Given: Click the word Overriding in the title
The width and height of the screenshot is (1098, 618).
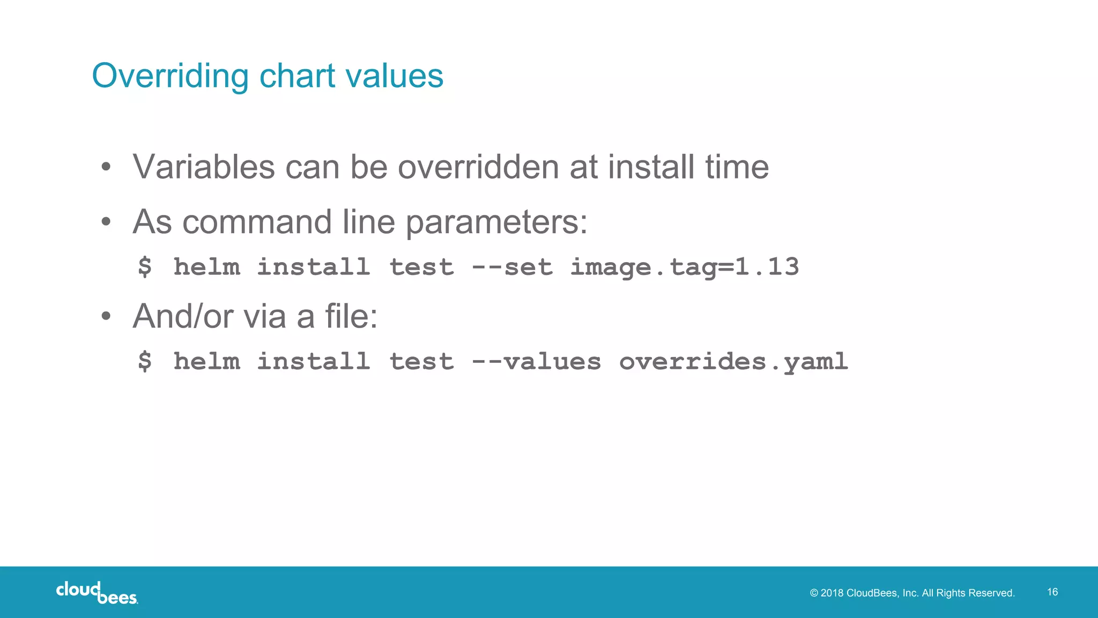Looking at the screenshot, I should pyautogui.click(x=170, y=76).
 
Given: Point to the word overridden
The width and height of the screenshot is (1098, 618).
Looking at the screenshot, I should pyautogui.click(x=478, y=167).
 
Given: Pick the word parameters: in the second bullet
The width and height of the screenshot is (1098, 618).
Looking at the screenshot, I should pyautogui.click(x=496, y=222).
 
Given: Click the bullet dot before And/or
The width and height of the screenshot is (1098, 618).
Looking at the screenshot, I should pyautogui.click(x=106, y=316).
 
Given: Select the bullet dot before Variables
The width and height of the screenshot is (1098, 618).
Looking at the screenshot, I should pyautogui.click(x=106, y=167).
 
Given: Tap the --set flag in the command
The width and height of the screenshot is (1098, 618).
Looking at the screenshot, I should pyautogui.click(x=511, y=267).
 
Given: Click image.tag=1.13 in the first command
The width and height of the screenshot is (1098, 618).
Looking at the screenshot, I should pyautogui.click(x=684, y=267).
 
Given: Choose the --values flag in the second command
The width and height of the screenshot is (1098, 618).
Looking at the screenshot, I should pyautogui.click(x=536, y=361).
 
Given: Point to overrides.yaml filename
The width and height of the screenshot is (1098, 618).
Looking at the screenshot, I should pyautogui.click(x=733, y=361).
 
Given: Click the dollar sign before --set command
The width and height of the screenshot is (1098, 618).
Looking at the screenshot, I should pyautogui.click(x=145, y=267).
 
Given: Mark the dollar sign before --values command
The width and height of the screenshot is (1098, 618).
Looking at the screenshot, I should pyautogui.click(x=145, y=361).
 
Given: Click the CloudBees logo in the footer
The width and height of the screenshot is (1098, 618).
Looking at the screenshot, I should pyautogui.click(x=97, y=592).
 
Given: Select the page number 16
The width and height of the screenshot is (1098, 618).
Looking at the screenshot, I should pyautogui.click(x=1052, y=592).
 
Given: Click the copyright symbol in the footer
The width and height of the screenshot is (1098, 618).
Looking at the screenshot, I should pyautogui.click(x=814, y=593).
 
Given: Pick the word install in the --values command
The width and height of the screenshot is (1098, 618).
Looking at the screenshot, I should pyautogui.click(x=314, y=361).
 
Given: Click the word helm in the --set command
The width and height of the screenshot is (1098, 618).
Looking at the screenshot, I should pyautogui.click(x=206, y=267).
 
